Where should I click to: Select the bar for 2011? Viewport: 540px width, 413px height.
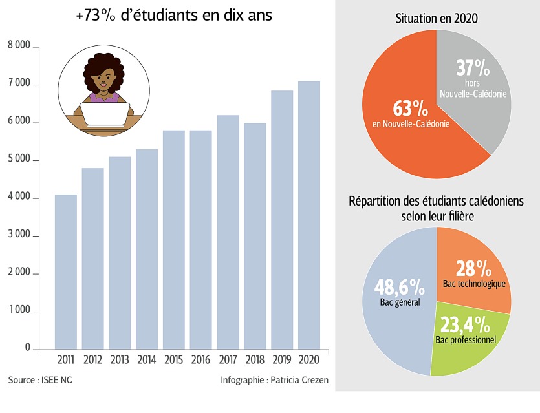click(x=66, y=271)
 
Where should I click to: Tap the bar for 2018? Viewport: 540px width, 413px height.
click(x=255, y=236)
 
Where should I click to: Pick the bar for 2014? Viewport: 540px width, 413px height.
click(x=147, y=249)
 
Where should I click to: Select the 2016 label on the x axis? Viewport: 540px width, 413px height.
click(x=201, y=359)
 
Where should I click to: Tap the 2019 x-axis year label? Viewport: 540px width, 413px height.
click(x=282, y=359)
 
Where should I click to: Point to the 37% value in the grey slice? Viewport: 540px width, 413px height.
click(x=473, y=68)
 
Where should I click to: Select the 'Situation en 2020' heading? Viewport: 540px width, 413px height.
click(x=437, y=19)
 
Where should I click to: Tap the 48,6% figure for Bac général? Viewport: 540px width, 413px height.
click(x=399, y=286)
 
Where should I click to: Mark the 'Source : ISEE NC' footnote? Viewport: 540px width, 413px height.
click(x=40, y=380)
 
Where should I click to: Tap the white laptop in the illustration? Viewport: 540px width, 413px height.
click(x=105, y=114)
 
